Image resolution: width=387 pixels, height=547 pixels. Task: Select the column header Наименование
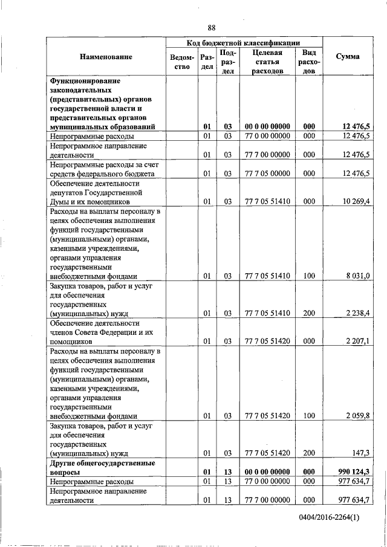click(106, 56)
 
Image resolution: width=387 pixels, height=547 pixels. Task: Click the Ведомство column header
click(182, 62)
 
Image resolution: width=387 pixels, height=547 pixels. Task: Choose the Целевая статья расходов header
click(267, 62)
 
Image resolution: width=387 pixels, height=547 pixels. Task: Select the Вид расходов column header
click(309, 62)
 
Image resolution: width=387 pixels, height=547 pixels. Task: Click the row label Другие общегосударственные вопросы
click(102, 467)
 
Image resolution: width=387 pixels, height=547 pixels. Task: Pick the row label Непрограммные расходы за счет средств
click(102, 169)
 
